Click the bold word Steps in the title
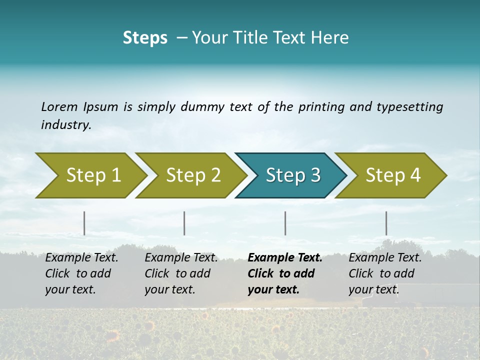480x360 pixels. tap(145, 38)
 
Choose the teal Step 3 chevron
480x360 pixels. tap(293, 175)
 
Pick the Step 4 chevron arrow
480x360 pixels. tap(393, 175)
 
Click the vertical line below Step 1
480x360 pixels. tap(84, 223)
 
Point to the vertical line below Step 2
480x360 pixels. tap(184, 223)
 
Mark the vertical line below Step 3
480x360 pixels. tap(285, 223)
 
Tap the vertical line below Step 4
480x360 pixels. tap(386, 223)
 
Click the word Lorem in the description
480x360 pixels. tap(59, 107)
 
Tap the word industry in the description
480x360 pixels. tap(65, 125)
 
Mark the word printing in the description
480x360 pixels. tap(319, 107)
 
